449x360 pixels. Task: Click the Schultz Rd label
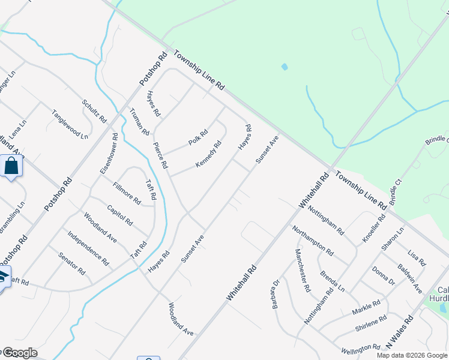coord(94,111)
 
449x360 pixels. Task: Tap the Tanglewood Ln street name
coord(69,124)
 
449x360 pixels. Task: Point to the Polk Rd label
coord(197,137)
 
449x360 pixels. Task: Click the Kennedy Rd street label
coord(208,154)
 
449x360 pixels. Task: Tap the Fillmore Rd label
coord(126,193)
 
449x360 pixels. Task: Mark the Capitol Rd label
coord(119,214)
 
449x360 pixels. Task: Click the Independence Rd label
coord(88,248)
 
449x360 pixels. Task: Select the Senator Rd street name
coord(71,263)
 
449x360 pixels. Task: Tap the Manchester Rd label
coord(303,270)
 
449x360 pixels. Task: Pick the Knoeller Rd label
coord(373,227)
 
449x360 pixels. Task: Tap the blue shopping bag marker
coord(11,166)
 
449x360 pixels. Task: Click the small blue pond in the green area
coord(284,67)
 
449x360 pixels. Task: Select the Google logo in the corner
coord(19,353)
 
